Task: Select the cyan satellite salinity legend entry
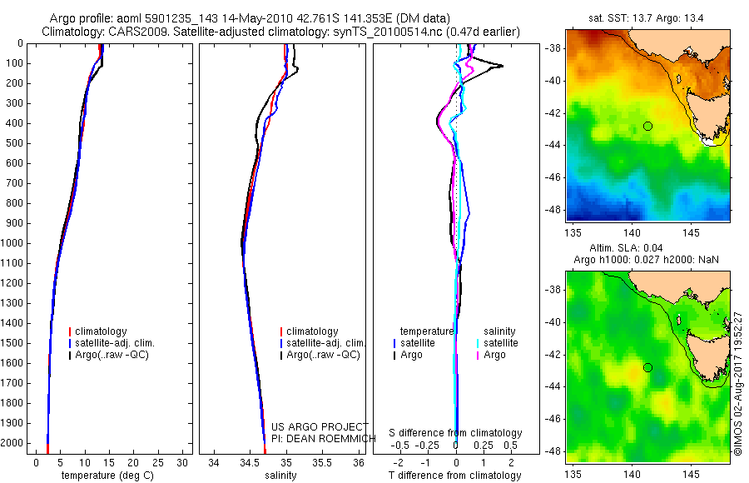[x=500, y=343]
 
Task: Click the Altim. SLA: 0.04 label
[x=647, y=249]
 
